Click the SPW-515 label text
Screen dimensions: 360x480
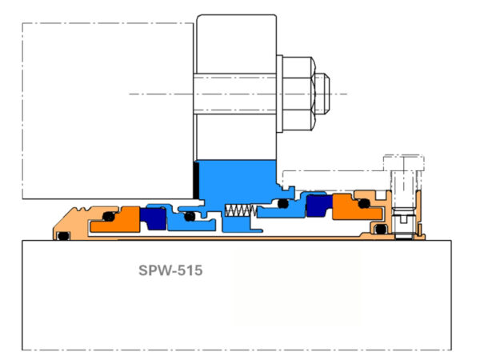coord(168,270)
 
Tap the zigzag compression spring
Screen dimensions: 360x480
coord(240,211)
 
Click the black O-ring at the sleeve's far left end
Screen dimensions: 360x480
coord(61,235)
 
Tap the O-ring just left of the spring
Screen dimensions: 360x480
coord(189,216)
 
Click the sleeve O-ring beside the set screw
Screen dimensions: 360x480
coord(382,231)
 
